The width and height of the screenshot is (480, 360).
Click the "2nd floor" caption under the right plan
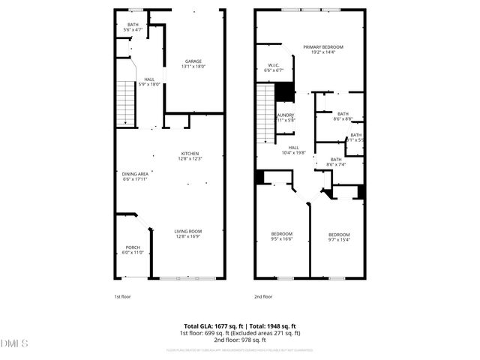(262, 297)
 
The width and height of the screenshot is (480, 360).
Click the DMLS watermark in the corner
(14, 344)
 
